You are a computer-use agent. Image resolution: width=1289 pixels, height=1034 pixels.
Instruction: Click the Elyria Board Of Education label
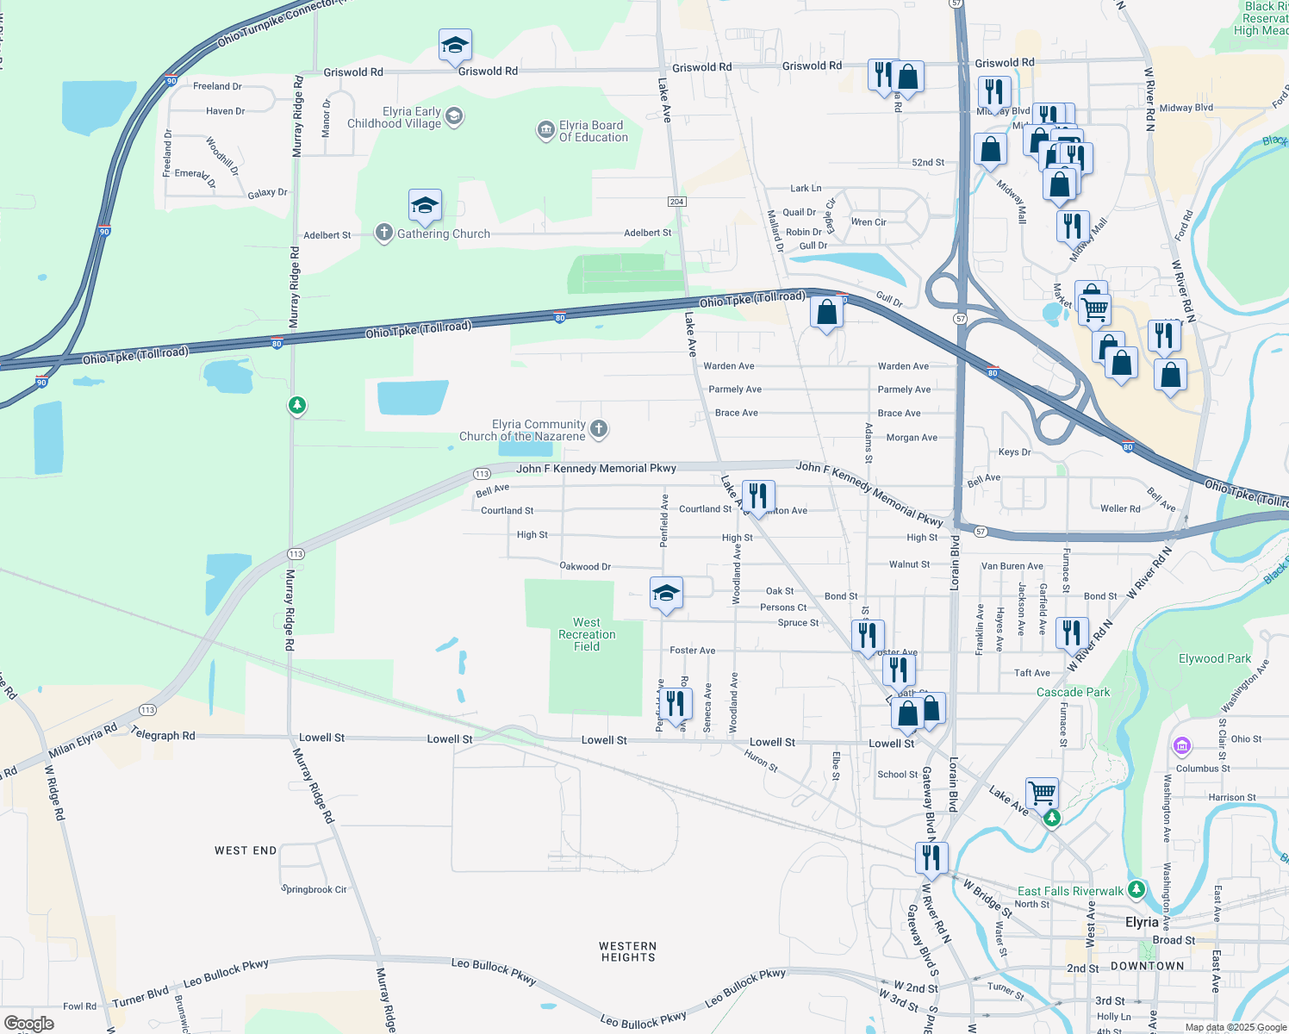pyautogui.click(x=593, y=131)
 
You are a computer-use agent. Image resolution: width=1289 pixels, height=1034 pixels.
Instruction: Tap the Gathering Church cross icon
pyautogui.click(x=384, y=233)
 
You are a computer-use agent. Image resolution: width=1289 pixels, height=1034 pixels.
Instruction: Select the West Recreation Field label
pyautogui.click(x=587, y=634)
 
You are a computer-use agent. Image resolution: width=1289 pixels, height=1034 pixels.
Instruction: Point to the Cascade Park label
pyautogui.click(x=1073, y=692)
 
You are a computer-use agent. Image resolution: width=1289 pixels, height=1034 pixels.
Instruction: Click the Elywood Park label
pyautogui.click(x=1214, y=658)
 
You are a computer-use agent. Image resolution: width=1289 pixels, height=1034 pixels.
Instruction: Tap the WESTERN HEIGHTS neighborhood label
pyautogui.click(x=627, y=951)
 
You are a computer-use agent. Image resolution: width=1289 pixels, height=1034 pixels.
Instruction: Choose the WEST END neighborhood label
pyautogui.click(x=246, y=850)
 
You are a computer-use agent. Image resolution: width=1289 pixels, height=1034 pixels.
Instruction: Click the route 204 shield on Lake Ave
pyautogui.click(x=676, y=202)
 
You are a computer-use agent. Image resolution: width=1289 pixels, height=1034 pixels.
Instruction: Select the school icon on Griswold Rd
pyautogui.click(x=455, y=45)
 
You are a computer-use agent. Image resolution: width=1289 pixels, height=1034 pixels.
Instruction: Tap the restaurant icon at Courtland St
pyautogui.click(x=758, y=496)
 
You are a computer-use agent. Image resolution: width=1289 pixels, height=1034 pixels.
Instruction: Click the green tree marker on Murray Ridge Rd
pyautogui.click(x=297, y=404)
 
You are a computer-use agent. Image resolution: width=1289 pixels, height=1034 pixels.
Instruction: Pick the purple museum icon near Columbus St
pyautogui.click(x=1182, y=744)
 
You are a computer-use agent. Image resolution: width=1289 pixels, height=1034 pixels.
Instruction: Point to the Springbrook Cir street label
pyautogui.click(x=314, y=889)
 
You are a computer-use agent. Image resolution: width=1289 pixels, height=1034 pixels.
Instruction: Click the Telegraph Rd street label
pyautogui.click(x=163, y=735)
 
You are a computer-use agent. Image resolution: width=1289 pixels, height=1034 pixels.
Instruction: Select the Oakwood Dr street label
pyautogui.click(x=585, y=566)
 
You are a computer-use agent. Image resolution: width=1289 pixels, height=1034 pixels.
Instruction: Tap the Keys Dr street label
pyautogui.click(x=1014, y=452)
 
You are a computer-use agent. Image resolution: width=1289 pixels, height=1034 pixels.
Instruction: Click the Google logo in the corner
pyautogui.click(x=28, y=1024)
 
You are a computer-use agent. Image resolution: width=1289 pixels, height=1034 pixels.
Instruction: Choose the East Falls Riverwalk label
pyautogui.click(x=1070, y=891)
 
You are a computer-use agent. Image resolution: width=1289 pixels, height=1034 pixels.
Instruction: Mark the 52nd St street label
pyautogui.click(x=928, y=162)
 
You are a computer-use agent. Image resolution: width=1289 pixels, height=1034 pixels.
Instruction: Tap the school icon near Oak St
pyautogui.click(x=666, y=593)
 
